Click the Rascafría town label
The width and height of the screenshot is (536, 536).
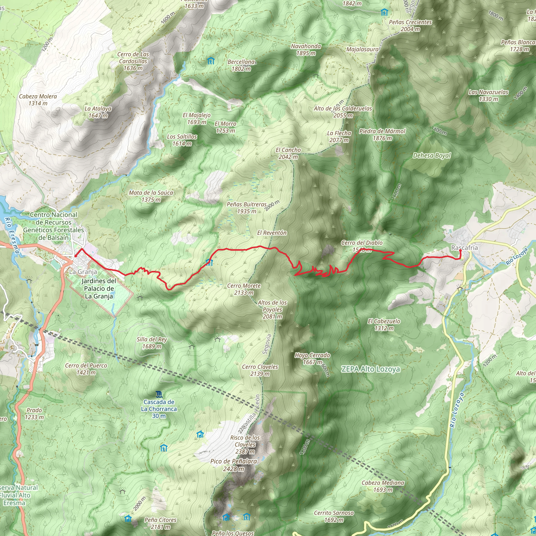(x=465, y=248)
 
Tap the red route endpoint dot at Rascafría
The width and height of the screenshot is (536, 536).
(x=461, y=250)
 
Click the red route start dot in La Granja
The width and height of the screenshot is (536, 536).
(x=75, y=256)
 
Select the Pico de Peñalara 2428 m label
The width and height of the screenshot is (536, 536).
(x=234, y=465)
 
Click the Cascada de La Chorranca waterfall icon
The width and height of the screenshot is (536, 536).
(x=159, y=394)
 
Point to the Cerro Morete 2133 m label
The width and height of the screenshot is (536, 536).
(x=244, y=289)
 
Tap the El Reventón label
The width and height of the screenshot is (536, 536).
(x=272, y=233)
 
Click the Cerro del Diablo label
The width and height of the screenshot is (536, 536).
(x=362, y=243)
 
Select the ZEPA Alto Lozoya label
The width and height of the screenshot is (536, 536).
(x=370, y=369)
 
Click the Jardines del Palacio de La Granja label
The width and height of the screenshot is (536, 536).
(x=99, y=288)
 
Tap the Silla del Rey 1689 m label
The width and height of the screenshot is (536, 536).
(x=152, y=343)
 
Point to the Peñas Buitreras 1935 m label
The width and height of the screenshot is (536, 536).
(x=247, y=208)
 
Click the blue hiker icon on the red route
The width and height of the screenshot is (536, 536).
(x=209, y=263)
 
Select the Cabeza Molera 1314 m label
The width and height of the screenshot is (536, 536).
(x=38, y=100)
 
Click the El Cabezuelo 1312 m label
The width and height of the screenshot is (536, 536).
(x=384, y=325)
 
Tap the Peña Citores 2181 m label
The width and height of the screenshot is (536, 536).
(x=160, y=523)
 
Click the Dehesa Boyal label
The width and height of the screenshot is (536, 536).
(x=432, y=156)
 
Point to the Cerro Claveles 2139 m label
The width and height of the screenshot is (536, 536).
(x=260, y=370)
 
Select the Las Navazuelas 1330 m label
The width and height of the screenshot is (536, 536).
(x=488, y=96)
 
